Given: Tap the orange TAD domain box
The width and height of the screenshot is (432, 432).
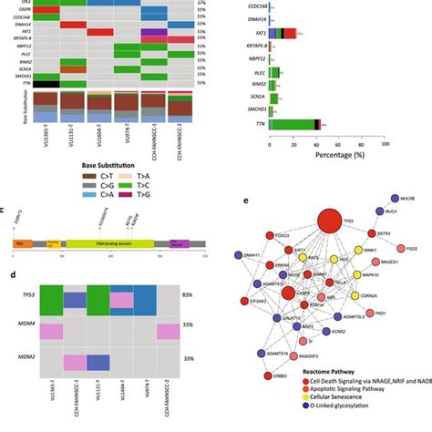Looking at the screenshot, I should [23, 244].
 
